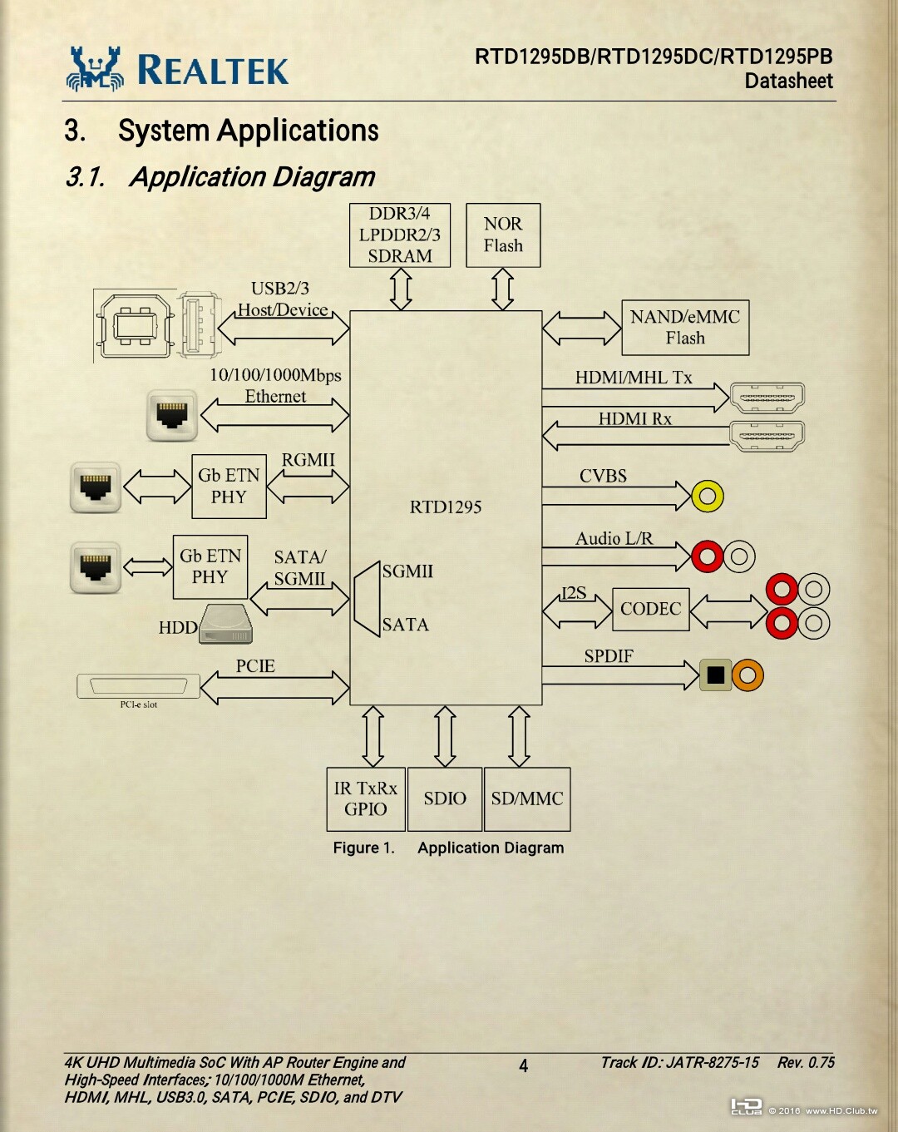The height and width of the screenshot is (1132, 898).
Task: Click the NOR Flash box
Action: [503, 235]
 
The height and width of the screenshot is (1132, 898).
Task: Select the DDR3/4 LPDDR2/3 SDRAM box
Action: [400, 235]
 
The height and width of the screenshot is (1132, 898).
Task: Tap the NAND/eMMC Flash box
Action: [685, 328]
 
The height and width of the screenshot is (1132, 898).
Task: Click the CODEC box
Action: [650, 609]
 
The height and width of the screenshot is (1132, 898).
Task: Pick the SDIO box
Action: [445, 798]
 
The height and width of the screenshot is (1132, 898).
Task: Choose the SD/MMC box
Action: [527, 798]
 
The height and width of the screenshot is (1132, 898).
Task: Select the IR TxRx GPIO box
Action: [366, 798]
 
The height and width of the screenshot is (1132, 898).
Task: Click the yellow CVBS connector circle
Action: [708, 497]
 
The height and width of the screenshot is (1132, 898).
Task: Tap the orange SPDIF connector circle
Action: [748, 675]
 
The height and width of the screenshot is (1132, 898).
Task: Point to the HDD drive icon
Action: [225, 625]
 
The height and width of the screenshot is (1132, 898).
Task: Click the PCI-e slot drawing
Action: [138, 686]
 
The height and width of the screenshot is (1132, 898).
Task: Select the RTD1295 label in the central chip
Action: [446, 507]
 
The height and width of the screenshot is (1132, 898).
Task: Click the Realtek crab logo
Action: [95, 68]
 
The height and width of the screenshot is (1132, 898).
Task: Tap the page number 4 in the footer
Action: [524, 1065]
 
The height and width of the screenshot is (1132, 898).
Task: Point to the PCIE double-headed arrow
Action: [274, 688]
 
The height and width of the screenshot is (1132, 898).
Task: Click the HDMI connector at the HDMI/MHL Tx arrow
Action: [767, 398]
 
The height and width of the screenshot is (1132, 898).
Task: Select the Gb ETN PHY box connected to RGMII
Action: [229, 487]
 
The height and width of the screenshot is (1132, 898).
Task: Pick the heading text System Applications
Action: [248, 131]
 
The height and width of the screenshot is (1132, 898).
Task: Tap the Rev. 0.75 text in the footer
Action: [806, 1062]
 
